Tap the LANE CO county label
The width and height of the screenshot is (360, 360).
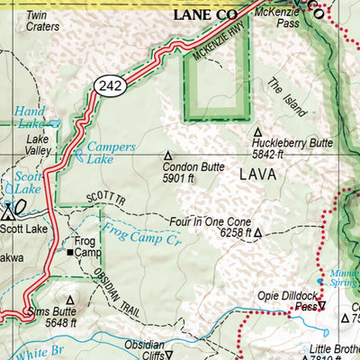pos(206,15)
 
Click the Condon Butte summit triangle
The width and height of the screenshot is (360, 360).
pos(167,154)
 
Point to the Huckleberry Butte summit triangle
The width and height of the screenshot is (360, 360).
pos(259,131)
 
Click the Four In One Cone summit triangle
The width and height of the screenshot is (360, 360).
pos(257,232)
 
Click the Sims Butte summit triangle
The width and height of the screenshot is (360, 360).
pos(70,300)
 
